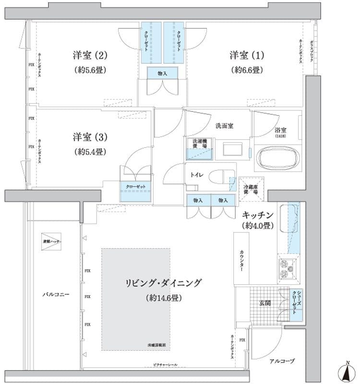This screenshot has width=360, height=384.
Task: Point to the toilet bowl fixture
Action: point(225,176)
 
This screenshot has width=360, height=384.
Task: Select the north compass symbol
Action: point(347,372)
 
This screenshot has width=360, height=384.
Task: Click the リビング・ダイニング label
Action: point(163,283)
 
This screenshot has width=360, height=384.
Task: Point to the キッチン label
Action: point(258,215)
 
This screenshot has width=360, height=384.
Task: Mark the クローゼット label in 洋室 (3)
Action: point(136,187)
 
